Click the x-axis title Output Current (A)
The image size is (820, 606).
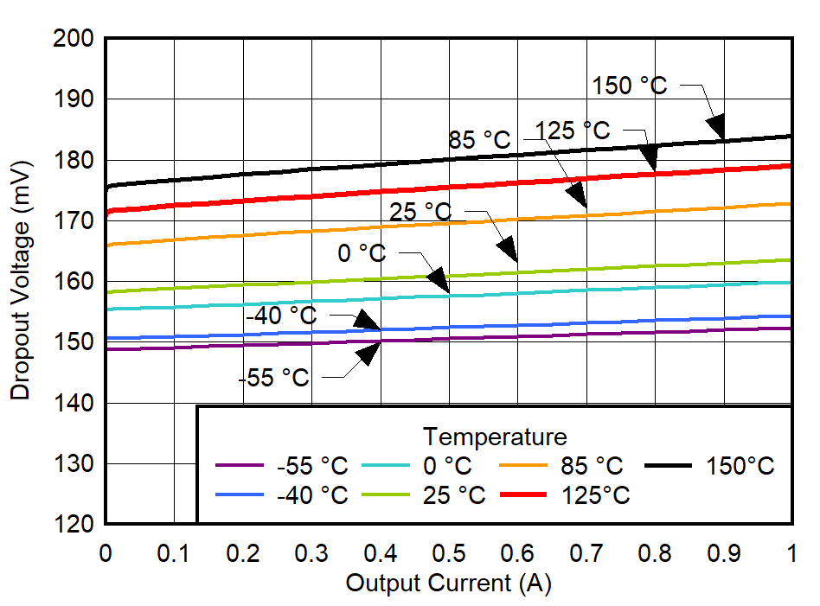point(448,584)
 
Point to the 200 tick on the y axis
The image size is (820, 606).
point(76,39)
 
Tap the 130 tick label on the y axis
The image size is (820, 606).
point(76,464)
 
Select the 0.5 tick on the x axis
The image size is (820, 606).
point(449,552)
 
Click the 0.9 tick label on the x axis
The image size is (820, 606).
point(724,552)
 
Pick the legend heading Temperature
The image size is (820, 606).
point(495,436)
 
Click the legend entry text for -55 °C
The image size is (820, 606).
point(312,466)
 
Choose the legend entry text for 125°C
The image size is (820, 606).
point(595,495)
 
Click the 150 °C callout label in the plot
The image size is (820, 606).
point(630,86)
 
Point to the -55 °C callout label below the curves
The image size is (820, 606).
point(273,378)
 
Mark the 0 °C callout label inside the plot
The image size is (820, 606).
point(362,254)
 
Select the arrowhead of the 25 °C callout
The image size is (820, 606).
point(508,251)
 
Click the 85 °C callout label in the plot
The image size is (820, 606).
point(480,139)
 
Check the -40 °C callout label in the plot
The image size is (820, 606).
point(281,316)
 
